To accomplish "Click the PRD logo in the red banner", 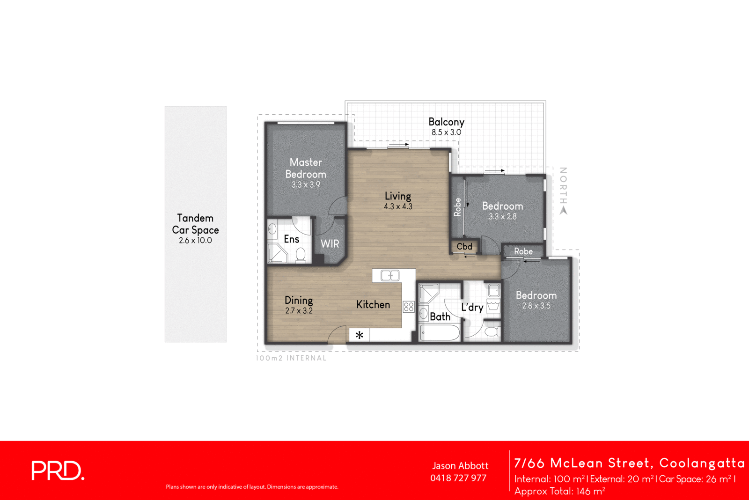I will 58,471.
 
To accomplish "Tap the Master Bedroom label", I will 306,168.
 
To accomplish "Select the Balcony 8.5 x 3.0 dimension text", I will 446,132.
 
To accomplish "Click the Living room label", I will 398,196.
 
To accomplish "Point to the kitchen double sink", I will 389,276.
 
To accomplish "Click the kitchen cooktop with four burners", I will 409,307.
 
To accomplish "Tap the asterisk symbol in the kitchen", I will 359,335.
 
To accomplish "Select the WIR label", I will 330,244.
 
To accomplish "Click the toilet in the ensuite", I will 301,255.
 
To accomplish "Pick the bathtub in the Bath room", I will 440,333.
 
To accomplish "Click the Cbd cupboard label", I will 464,247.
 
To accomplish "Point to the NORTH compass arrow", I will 564,210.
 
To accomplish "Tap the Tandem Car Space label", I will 195,224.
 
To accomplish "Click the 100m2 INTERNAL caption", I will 291,358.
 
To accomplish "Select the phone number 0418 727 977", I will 458,478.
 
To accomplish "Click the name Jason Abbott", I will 460,466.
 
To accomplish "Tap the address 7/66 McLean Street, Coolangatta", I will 629,463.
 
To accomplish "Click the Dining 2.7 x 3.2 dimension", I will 299,311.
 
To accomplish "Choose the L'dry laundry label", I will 472,307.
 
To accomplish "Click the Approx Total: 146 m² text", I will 560,491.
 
